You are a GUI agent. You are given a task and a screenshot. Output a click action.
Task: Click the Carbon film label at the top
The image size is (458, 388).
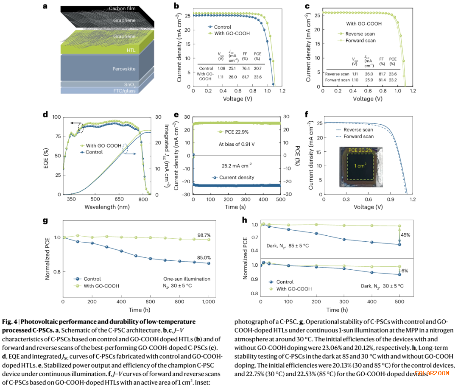click(x=123, y=8)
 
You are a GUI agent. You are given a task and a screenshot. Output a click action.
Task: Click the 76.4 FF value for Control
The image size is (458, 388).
click(x=245, y=68)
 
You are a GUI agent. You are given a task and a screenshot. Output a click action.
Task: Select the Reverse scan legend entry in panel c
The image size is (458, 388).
click(x=360, y=33)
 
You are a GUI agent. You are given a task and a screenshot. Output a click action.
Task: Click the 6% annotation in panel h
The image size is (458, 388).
click(x=405, y=271)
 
